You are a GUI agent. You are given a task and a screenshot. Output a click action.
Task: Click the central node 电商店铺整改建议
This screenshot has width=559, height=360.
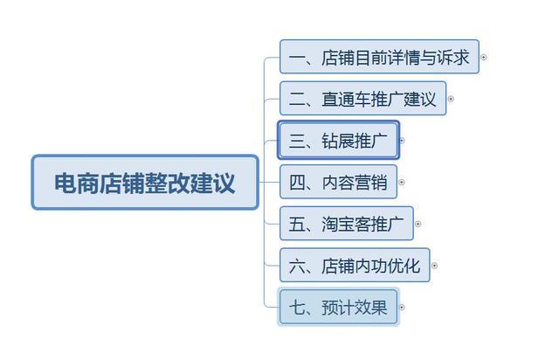click(x=145, y=183)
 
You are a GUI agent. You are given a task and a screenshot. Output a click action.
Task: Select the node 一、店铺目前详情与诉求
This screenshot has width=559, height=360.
click(x=379, y=58)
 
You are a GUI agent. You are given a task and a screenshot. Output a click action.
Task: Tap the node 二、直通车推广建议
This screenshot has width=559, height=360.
click(x=362, y=99)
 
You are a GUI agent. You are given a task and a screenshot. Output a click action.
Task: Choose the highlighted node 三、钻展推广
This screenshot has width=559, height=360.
click(x=338, y=140)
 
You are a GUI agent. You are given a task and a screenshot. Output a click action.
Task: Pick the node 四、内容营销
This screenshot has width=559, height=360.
click(x=337, y=182)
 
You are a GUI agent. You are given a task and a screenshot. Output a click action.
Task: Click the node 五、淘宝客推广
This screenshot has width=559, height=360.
click(x=346, y=224)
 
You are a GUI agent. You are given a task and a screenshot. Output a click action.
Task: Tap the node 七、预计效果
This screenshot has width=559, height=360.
click(x=338, y=307)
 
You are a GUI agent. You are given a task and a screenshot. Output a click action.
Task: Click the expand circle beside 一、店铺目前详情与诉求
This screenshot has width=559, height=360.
click(x=483, y=58)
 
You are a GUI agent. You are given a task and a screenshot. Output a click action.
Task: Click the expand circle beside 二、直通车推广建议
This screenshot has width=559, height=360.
click(x=451, y=99)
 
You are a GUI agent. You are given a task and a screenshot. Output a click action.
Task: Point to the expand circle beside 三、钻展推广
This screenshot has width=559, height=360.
click(x=402, y=140)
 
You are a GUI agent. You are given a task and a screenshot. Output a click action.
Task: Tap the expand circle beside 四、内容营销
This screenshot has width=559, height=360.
click(x=402, y=183)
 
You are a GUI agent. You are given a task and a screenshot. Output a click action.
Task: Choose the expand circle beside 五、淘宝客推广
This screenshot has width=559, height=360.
click(x=418, y=224)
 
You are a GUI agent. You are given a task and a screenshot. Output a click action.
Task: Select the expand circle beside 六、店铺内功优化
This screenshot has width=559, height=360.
click(x=434, y=266)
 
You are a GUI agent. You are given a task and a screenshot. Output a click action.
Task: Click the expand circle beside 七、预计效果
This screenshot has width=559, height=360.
click(x=402, y=307)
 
